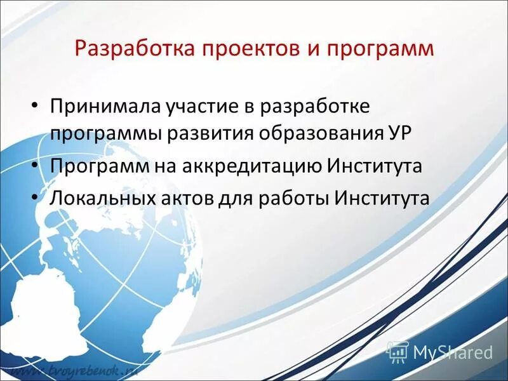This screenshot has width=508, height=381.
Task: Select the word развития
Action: (206, 135)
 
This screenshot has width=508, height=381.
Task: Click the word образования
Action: (312, 135)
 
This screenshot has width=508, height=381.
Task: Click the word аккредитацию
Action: (253, 166)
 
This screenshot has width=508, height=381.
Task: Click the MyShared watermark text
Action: (453, 352)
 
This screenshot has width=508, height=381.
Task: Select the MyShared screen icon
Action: (397, 351)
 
